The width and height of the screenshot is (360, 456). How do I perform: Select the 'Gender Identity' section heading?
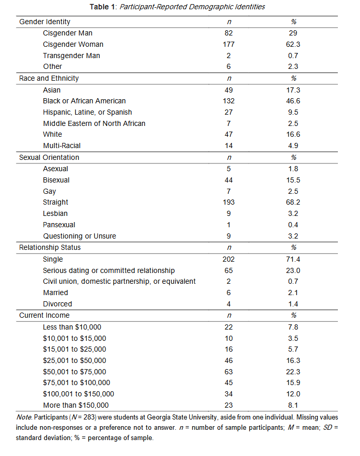(45, 22)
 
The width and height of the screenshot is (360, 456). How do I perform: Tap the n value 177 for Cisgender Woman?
(229, 44)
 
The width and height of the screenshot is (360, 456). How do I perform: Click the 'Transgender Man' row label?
(71, 56)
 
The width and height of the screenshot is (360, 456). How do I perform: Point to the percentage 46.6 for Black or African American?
(293, 101)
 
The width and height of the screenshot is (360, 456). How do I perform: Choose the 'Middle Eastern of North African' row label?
(94, 123)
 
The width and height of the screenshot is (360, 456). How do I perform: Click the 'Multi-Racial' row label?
(62, 145)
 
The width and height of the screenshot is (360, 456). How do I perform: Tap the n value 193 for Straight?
(229, 202)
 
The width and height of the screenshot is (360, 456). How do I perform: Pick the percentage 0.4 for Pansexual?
(293, 225)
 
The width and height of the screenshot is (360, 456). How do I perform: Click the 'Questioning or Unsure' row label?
(80, 236)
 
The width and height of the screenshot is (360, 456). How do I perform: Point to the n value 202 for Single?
(229, 260)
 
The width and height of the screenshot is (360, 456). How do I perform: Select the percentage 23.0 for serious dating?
(293, 270)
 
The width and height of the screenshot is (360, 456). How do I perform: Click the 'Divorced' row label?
(58, 304)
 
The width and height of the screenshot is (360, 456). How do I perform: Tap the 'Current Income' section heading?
(44, 315)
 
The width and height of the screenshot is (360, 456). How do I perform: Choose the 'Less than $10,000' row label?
(73, 327)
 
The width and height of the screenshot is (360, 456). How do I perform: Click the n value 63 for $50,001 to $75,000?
(229, 372)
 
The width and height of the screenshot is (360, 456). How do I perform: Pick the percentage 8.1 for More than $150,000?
(293, 405)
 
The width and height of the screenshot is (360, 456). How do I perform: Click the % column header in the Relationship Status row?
(294, 248)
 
